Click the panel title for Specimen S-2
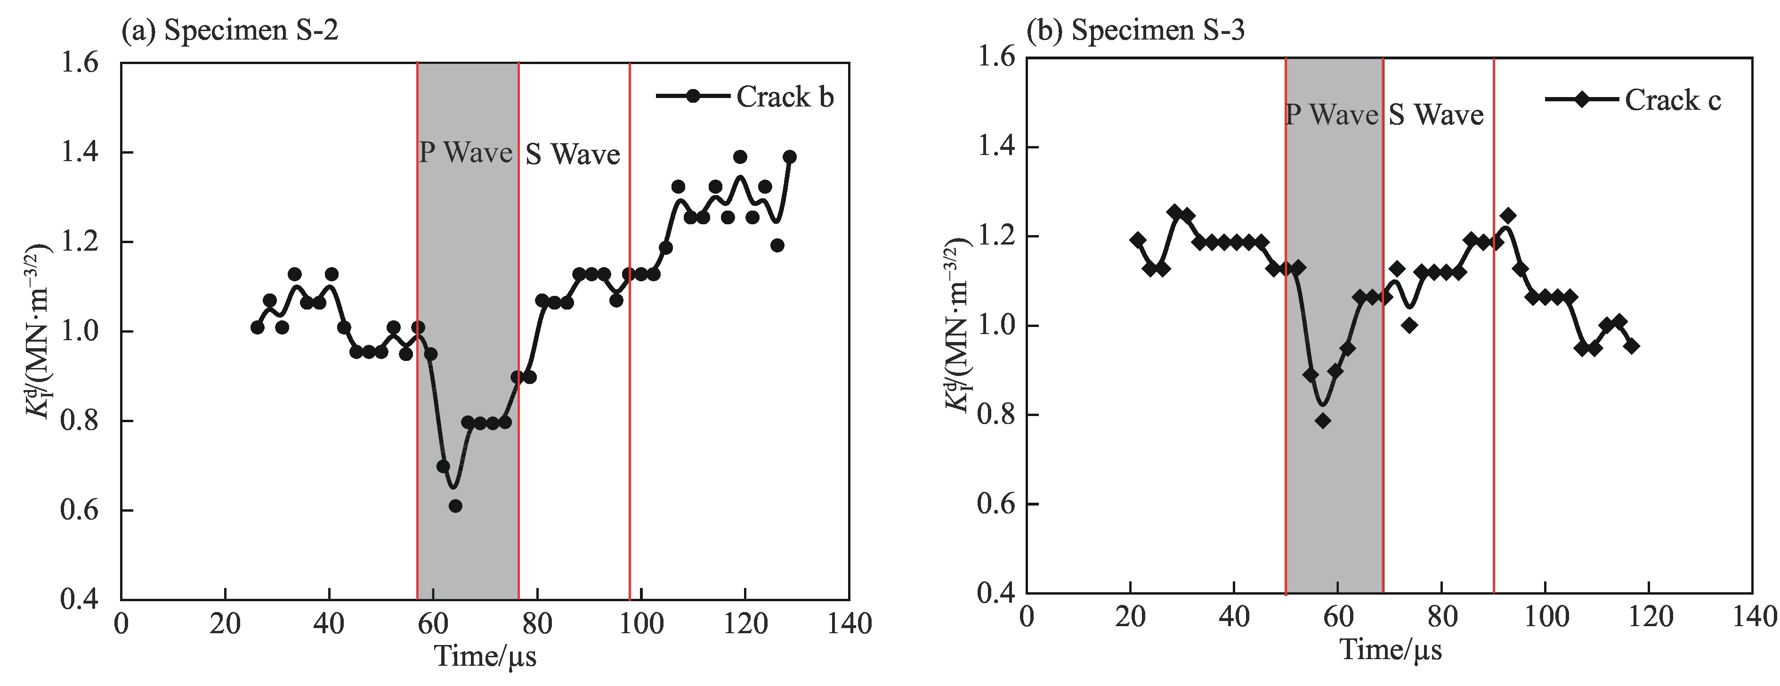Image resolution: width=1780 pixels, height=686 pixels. pyautogui.click(x=230, y=31)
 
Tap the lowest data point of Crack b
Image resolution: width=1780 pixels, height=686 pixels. pyautogui.click(x=455, y=506)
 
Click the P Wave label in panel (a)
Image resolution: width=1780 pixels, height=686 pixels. pyautogui.click(x=466, y=152)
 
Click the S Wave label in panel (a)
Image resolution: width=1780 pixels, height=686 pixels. pyautogui.click(x=573, y=154)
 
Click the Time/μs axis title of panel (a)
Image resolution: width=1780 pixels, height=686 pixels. pyautogui.click(x=485, y=655)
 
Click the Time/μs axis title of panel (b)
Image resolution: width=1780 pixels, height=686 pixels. pyautogui.click(x=1391, y=649)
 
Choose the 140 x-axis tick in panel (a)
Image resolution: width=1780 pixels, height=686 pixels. pyautogui.click(x=849, y=624)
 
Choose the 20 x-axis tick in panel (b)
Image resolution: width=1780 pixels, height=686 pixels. pyautogui.click(x=1131, y=617)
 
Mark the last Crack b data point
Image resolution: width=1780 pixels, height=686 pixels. pyautogui.click(x=790, y=157)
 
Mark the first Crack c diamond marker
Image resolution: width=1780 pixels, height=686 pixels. pyautogui.click(x=1137, y=240)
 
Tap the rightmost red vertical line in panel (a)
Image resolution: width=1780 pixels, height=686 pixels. pyautogui.click(x=630, y=332)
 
